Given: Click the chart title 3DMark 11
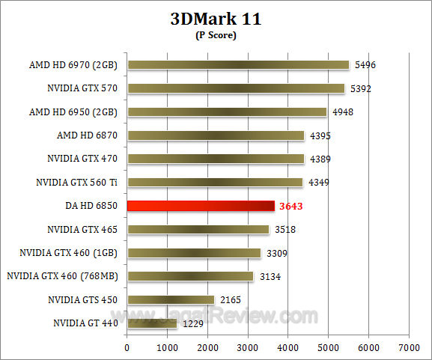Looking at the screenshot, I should click(216, 19).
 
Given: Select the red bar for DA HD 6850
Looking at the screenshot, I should click(201, 206).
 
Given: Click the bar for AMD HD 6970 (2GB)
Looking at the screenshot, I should click(238, 65).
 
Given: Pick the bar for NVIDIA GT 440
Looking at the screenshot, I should click(152, 323).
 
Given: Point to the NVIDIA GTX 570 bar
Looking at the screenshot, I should click(236, 88).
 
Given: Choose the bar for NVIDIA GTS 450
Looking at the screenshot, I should click(171, 299).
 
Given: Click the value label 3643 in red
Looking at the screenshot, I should click(292, 206).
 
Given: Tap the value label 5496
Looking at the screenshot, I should click(365, 65).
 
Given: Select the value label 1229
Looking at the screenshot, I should click(193, 323).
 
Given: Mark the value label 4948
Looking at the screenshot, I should click(343, 112).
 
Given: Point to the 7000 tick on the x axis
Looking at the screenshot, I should click(409, 348).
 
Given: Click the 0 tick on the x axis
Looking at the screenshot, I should click(127, 348).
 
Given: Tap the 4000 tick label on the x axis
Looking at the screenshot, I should click(288, 348).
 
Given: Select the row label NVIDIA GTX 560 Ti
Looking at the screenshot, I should click(79, 182).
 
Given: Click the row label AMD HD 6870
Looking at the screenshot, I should click(89, 135).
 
